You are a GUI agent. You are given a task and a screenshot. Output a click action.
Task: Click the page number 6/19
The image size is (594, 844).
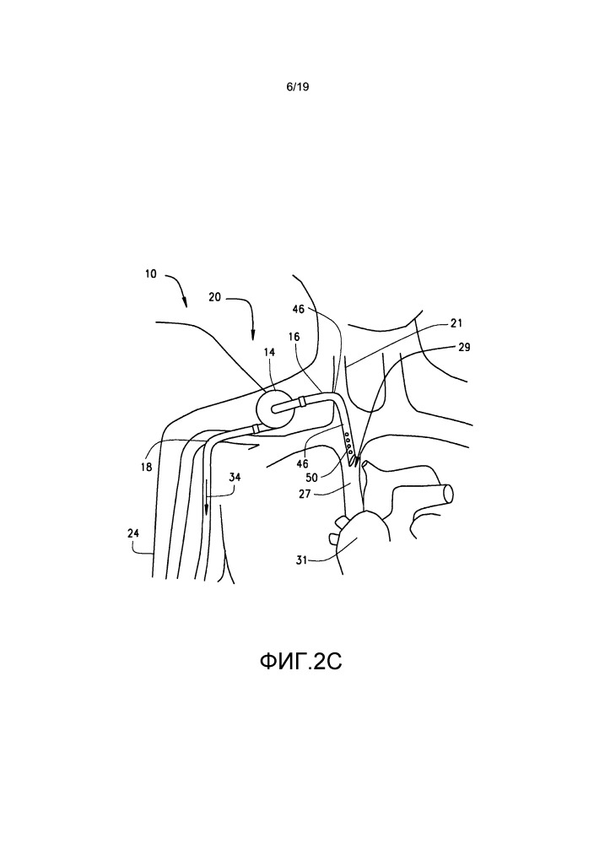(298, 87)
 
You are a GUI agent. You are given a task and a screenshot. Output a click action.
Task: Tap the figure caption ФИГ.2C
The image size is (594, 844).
(300, 662)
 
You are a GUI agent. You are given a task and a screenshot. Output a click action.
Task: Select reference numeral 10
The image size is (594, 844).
(151, 273)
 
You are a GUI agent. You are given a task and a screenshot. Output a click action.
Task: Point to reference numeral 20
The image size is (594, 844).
(214, 296)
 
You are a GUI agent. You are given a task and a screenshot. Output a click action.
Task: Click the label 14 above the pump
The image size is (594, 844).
(269, 352)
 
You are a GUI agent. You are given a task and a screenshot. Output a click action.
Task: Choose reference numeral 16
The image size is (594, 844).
(294, 337)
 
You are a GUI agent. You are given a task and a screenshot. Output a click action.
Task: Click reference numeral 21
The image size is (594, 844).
(456, 323)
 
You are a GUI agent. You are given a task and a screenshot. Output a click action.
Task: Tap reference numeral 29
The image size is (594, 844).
(464, 347)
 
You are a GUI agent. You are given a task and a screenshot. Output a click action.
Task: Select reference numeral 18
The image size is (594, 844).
(146, 468)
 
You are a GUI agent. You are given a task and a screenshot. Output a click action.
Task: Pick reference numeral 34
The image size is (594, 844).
(235, 477)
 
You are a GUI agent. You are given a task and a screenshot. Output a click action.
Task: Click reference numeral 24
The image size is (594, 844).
(133, 533)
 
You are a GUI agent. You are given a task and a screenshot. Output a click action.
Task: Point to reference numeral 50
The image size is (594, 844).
(312, 477)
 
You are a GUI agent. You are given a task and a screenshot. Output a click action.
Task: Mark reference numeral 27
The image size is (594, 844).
(305, 493)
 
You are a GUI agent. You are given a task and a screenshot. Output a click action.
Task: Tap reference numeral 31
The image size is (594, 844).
(301, 560)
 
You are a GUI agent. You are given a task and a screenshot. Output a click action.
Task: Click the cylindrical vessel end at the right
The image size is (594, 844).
(447, 492)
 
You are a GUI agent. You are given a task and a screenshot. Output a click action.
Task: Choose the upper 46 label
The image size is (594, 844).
(299, 309)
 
